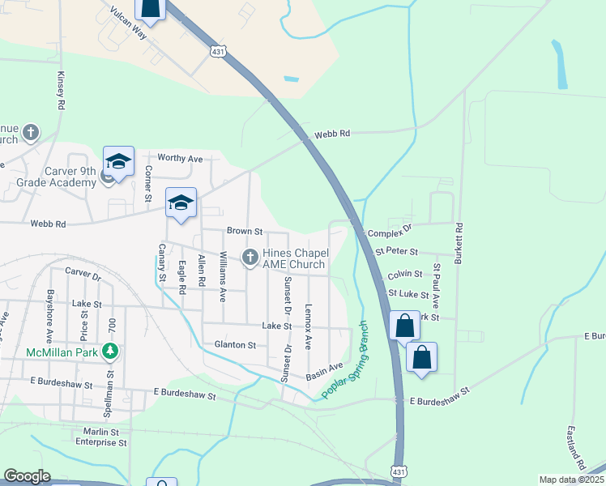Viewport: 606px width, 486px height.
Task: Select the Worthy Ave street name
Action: (180, 159)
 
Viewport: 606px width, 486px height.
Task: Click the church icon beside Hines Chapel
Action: (250, 258)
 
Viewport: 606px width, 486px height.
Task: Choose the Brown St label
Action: (245, 231)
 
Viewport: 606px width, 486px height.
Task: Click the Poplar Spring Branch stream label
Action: (344, 360)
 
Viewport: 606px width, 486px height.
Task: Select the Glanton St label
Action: (235, 344)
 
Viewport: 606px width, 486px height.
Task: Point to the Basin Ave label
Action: (324, 372)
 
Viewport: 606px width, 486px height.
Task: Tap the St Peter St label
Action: (396, 253)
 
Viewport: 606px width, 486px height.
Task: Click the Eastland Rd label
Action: (577, 448)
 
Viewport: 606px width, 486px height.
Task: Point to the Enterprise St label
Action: (101, 443)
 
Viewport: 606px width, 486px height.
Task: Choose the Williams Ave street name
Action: (223, 276)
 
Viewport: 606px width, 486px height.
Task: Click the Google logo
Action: (27, 476)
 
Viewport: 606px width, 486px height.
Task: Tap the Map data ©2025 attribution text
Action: (570, 480)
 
